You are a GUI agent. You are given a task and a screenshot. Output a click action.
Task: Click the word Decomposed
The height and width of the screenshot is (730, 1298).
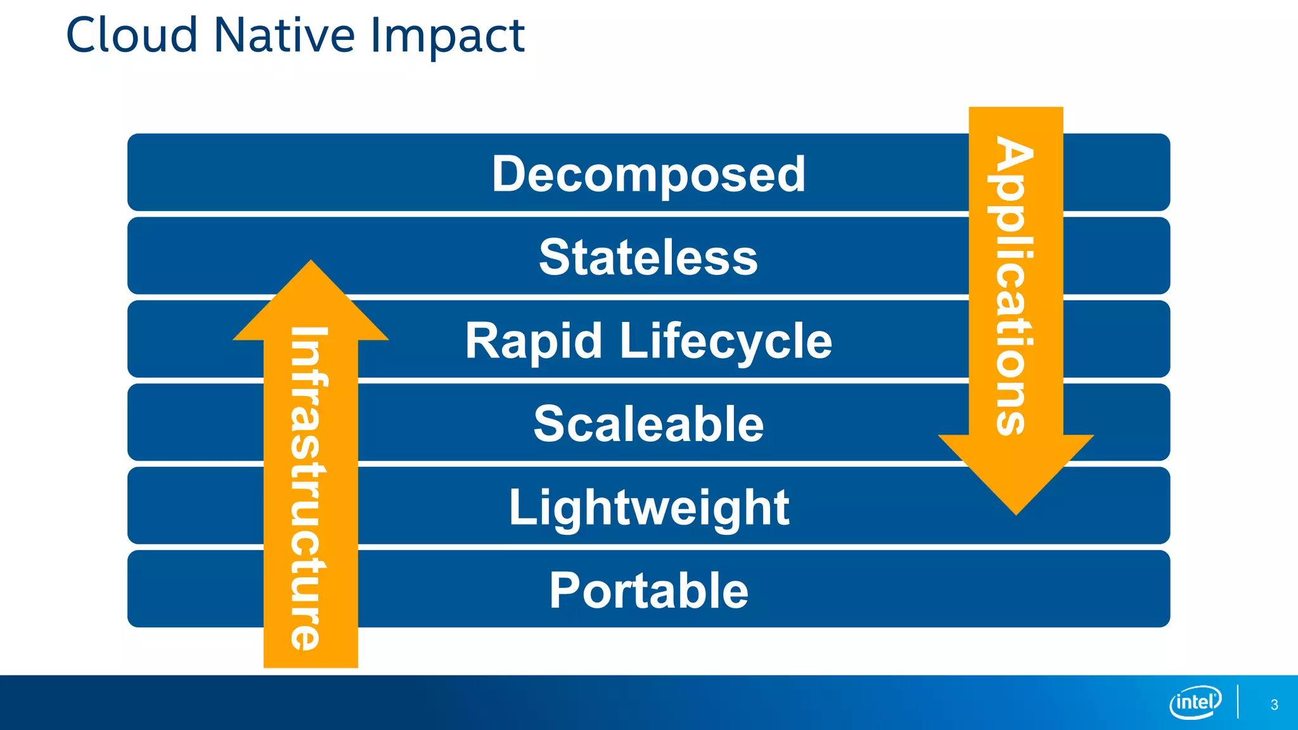(648, 174)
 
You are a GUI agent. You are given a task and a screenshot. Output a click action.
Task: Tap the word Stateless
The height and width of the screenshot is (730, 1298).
(648, 257)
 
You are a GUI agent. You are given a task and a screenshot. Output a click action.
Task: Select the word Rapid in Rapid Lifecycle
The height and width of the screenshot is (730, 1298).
(533, 341)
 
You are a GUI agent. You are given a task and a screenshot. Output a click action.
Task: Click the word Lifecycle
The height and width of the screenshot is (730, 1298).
(726, 341)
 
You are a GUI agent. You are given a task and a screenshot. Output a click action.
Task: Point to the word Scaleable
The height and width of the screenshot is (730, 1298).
(648, 424)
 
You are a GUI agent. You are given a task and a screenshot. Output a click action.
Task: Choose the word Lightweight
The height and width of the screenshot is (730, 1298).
(648, 508)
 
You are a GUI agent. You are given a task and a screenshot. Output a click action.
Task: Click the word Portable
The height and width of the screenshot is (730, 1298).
(648, 591)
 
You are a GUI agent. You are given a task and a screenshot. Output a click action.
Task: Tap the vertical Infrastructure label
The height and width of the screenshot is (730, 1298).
(309, 488)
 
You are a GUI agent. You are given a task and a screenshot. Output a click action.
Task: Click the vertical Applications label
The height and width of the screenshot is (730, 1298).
(1014, 285)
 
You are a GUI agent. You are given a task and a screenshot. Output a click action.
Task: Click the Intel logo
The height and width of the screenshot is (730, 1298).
(1195, 702)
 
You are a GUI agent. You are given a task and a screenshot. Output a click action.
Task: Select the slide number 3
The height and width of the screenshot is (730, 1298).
(1274, 705)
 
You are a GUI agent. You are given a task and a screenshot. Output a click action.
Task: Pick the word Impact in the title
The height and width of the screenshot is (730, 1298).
(447, 37)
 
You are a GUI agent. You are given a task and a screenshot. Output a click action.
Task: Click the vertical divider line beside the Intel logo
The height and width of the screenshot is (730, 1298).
(1237, 701)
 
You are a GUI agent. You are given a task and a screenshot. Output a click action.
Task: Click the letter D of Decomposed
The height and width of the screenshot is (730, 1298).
(511, 174)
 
